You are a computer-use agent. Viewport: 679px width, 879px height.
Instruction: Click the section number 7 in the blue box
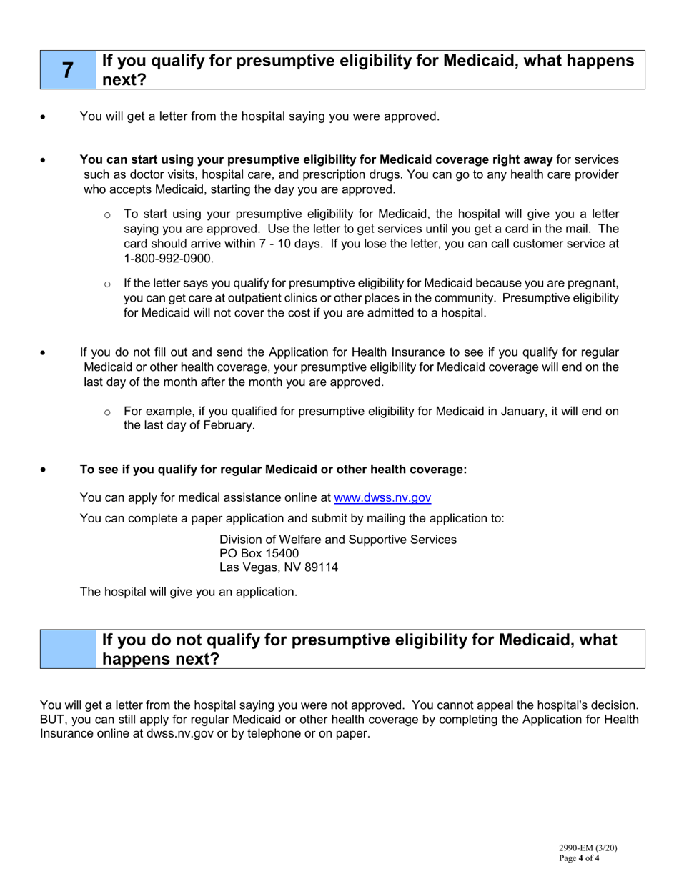click(x=67, y=70)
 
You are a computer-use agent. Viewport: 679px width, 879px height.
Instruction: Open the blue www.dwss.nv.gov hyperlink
click(x=382, y=497)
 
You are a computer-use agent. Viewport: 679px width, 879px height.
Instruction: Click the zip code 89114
click(x=321, y=567)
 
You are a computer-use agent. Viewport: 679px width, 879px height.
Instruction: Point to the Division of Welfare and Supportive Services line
click(x=337, y=539)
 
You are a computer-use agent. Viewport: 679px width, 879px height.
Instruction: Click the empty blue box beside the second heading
click(x=67, y=649)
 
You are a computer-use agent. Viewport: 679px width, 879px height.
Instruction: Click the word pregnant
click(x=593, y=284)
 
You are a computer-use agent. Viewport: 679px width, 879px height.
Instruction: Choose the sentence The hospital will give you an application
click(x=188, y=592)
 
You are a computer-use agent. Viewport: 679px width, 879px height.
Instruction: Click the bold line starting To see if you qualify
click(x=273, y=470)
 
